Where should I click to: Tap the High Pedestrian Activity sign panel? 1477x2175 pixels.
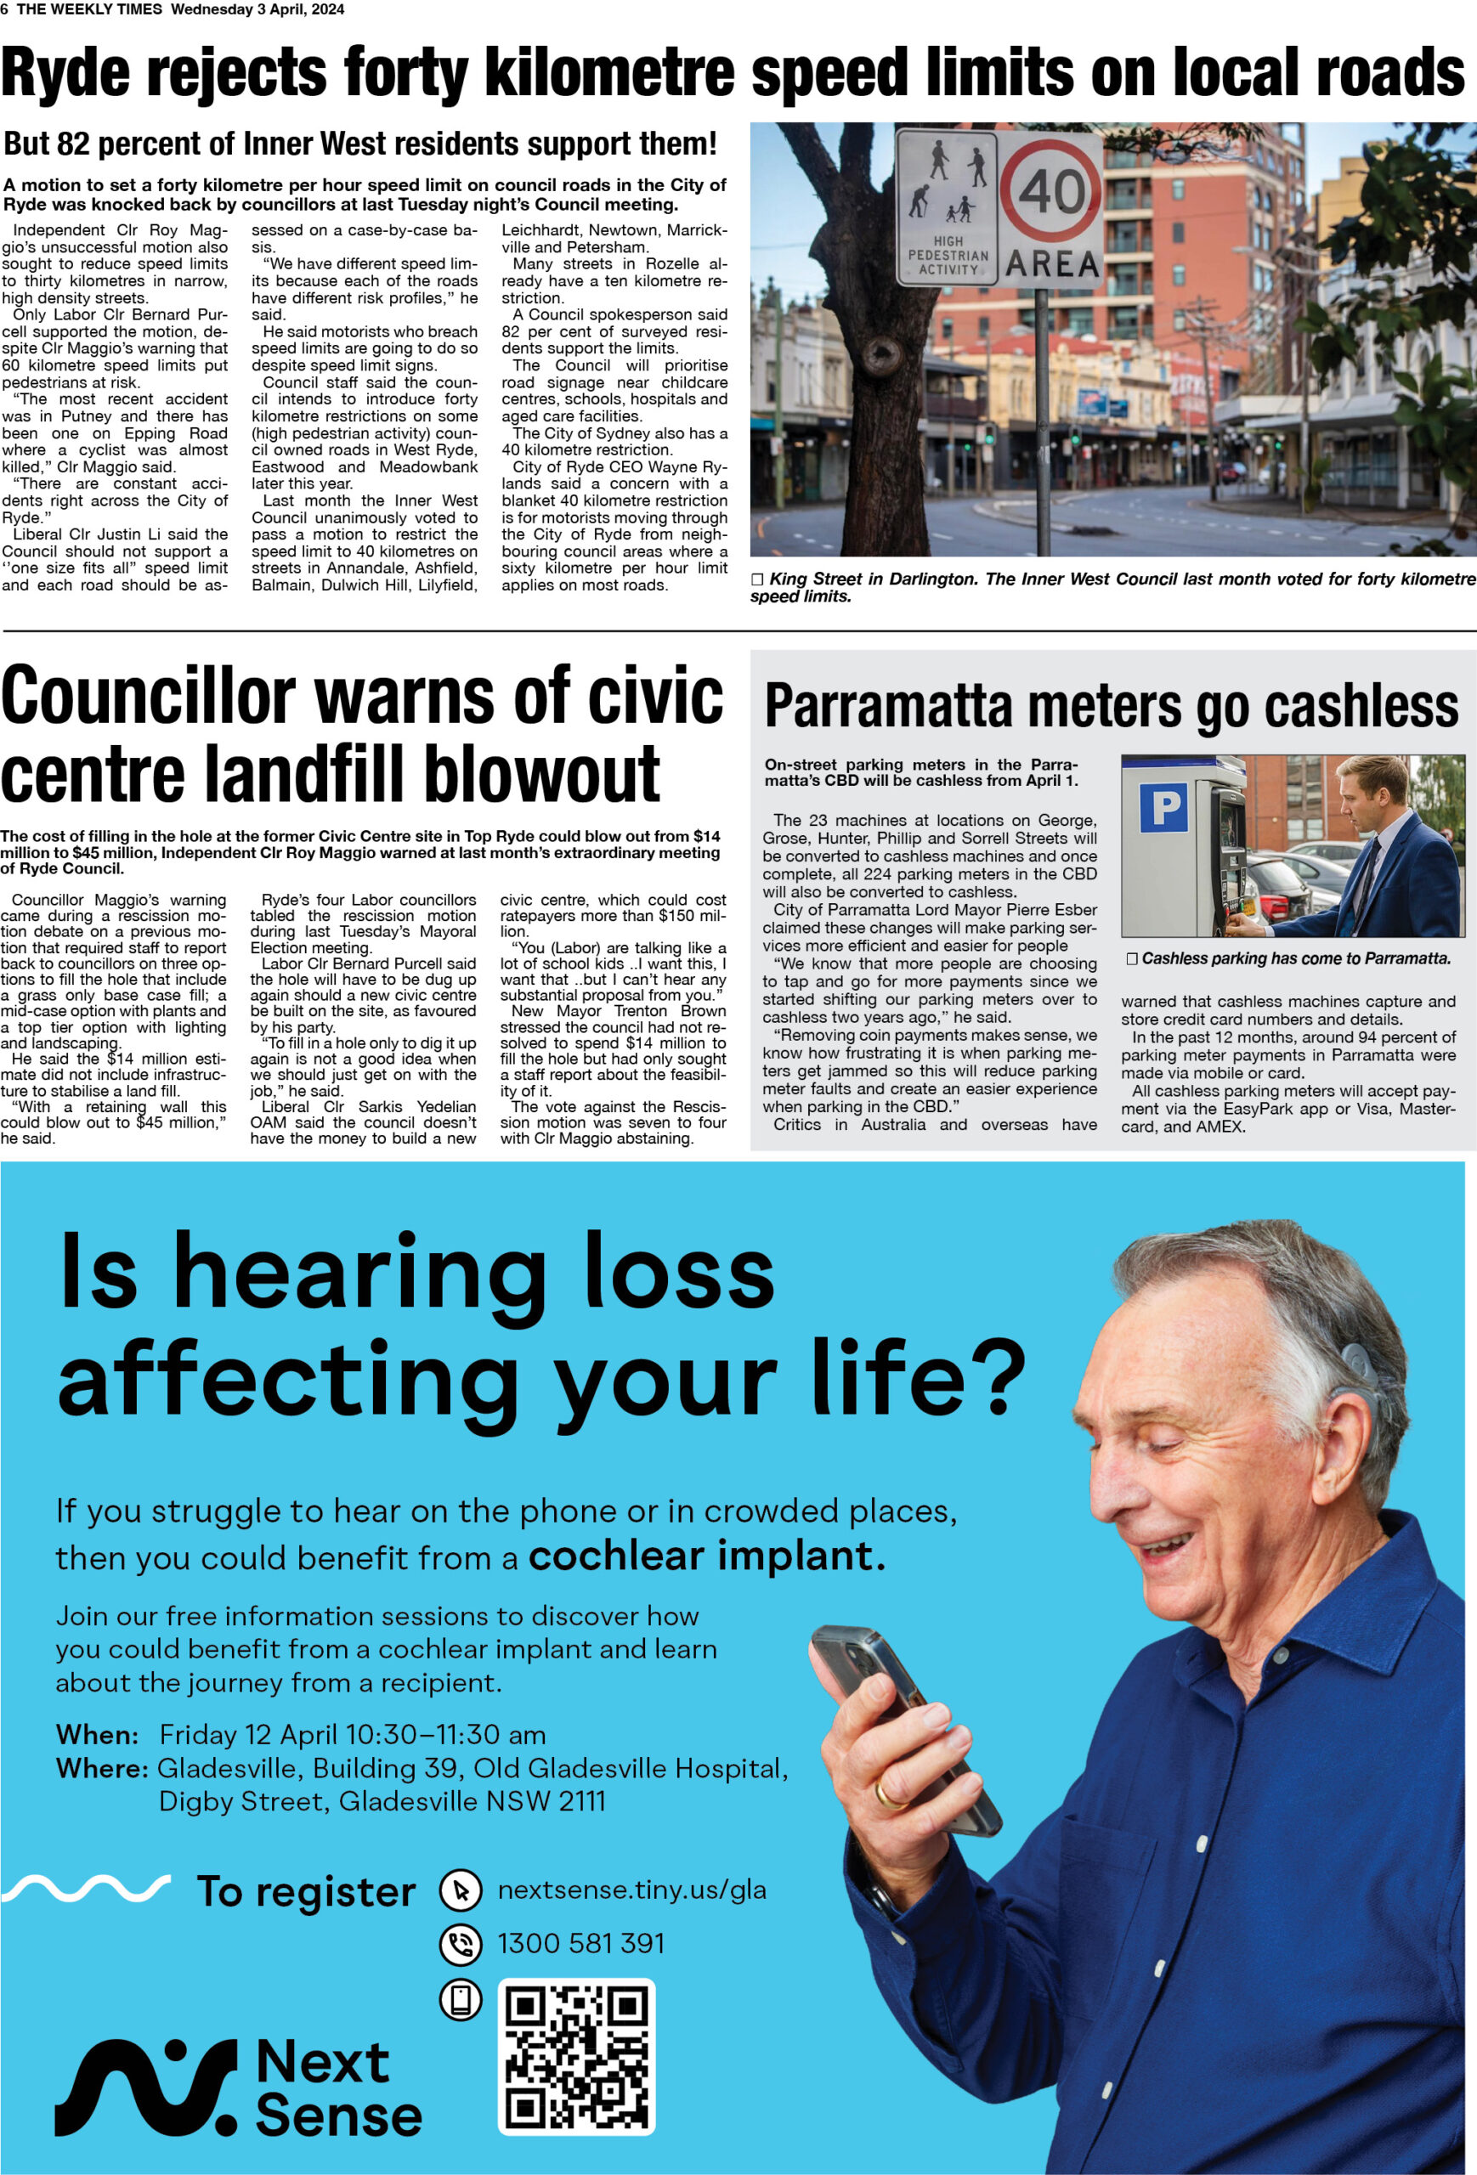(x=948, y=206)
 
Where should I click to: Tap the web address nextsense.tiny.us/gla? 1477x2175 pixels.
(x=631, y=1890)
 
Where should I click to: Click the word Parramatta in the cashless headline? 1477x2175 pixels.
(x=888, y=707)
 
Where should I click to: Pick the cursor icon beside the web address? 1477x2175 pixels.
(x=461, y=1890)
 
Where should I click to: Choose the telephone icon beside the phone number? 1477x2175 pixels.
(x=461, y=1945)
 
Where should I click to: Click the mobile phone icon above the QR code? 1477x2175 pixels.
(x=461, y=2000)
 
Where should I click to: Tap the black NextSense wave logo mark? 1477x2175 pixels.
(x=145, y=2087)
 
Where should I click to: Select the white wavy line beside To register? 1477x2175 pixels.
(x=86, y=1888)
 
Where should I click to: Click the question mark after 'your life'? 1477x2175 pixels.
(x=1000, y=1376)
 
